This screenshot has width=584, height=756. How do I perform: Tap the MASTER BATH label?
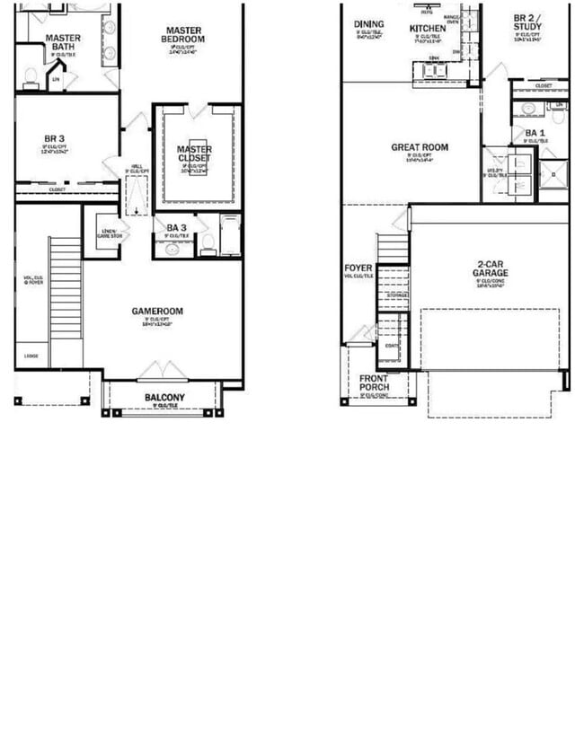62,43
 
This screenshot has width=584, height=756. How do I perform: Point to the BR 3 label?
54,138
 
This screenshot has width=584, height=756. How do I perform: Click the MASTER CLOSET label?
194,154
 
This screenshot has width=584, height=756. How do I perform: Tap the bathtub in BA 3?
230,236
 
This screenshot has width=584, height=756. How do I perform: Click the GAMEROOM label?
157,312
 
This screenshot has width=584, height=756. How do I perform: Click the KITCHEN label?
428,28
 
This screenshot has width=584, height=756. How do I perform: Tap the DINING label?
368,24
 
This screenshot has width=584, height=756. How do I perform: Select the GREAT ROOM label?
419,147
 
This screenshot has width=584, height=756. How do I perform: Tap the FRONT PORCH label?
374,382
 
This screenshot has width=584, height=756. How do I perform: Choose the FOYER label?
358,268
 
